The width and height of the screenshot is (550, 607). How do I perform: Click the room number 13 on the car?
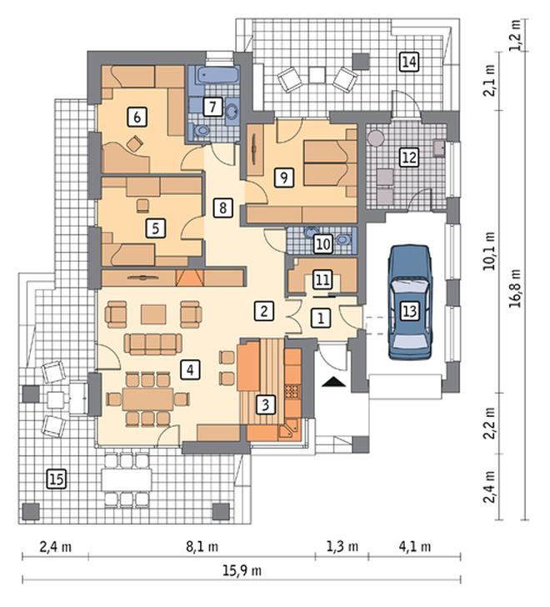(x=410, y=311)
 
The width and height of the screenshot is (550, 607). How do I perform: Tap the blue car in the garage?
(x=410, y=302)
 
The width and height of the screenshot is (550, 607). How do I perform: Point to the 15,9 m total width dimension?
(x=242, y=570)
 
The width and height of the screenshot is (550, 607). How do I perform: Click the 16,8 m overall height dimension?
(x=515, y=288)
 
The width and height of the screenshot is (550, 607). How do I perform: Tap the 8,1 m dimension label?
(x=202, y=547)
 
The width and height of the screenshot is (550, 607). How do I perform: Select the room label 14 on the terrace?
(x=409, y=62)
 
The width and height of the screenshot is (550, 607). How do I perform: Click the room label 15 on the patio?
(x=57, y=479)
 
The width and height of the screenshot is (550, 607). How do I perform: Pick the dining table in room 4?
(x=147, y=399)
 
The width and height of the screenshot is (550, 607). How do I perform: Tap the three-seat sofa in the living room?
(x=152, y=344)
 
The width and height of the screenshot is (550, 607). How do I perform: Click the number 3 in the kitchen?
(x=265, y=404)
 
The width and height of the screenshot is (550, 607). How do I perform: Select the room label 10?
(x=323, y=244)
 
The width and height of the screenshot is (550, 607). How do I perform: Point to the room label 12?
(x=409, y=158)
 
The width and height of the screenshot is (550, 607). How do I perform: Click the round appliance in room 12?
(x=375, y=138)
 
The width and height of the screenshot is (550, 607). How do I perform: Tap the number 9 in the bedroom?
(x=284, y=178)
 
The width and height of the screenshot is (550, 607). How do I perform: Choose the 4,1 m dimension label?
(x=415, y=547)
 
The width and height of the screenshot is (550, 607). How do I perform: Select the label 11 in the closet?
(x=323, y=280)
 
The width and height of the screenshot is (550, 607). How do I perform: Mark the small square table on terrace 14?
(x=317, y=75)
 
